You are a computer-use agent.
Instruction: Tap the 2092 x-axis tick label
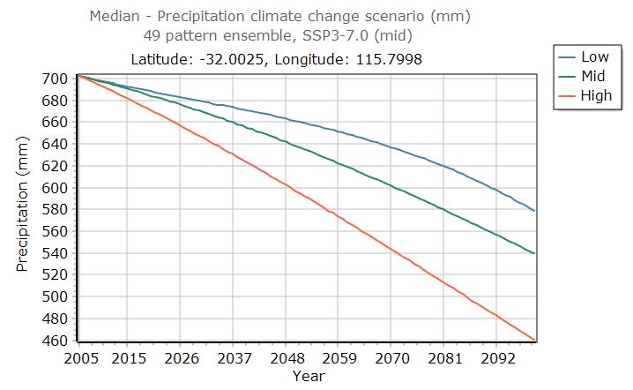point(497,359)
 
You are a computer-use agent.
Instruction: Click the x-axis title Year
point(309,376)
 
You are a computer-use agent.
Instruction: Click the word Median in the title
point(114,16)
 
